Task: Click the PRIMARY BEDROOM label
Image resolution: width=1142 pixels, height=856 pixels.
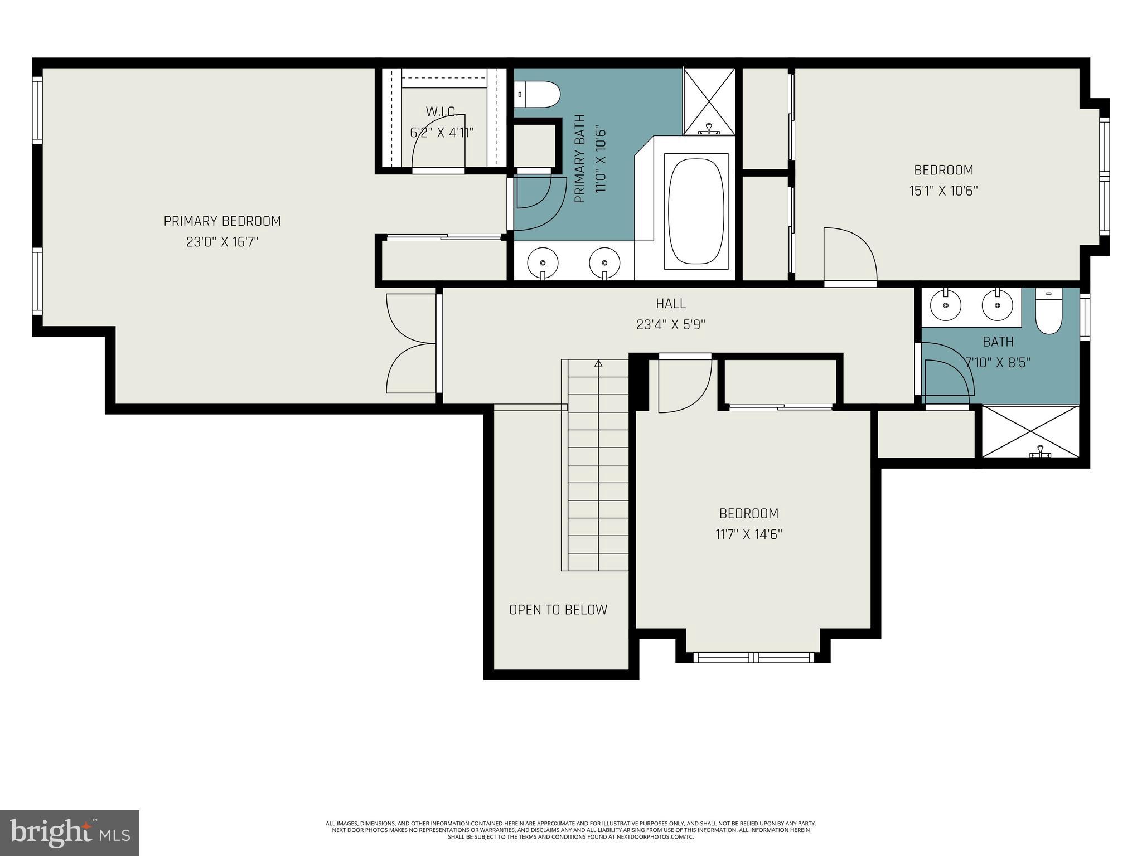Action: (222, 221)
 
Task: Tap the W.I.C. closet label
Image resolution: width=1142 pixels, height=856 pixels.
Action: (442, 112)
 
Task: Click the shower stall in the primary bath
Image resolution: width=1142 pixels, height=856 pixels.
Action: (709, 100)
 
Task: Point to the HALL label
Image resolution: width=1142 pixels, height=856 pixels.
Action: (671, 304)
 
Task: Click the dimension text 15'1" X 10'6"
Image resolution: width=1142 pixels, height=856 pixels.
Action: (943, 191)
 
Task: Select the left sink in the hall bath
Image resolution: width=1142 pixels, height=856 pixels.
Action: (946, 306)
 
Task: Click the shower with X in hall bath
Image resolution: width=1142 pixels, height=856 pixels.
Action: (1030, 431)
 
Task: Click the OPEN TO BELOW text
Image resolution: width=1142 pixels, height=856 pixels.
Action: (558, 610)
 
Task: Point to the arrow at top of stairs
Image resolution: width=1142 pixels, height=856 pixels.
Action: (599, 364)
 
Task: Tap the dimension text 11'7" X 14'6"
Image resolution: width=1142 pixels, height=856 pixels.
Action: (749, 534)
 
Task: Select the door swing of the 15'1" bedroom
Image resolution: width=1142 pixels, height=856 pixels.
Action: (850, 256)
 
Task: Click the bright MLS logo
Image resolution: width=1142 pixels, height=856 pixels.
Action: (69, 833)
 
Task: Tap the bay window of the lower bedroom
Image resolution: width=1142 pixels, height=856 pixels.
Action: (753, 657)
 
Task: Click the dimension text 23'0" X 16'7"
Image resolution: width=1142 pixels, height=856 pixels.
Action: (222, 242)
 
